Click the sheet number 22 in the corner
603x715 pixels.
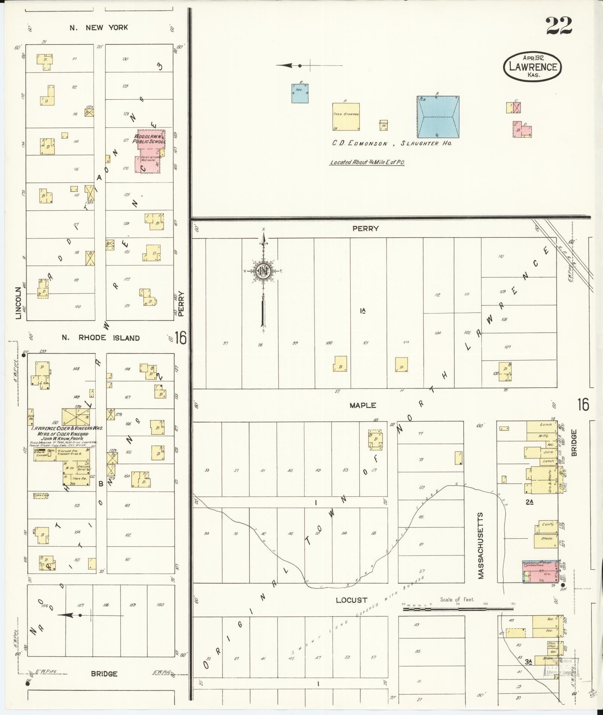click(559, 25)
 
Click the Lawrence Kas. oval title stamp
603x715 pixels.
click(533, 67)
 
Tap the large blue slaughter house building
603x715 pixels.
click(438, 117)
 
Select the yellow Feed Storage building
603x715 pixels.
click(346, 117)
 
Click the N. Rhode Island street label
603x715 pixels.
click(101, 338)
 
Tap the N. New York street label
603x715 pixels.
click(99, 27)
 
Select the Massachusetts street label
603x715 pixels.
click(481, 545)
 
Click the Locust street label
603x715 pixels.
click(351, 600)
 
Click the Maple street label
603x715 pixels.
click(363, 405)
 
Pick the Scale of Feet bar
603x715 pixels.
click(458, 609)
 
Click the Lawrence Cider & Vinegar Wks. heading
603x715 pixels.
click(70, 428)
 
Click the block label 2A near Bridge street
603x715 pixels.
click(529, 502)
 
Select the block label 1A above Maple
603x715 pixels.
click(362, 310)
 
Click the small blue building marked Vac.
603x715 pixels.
click(300, 93)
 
